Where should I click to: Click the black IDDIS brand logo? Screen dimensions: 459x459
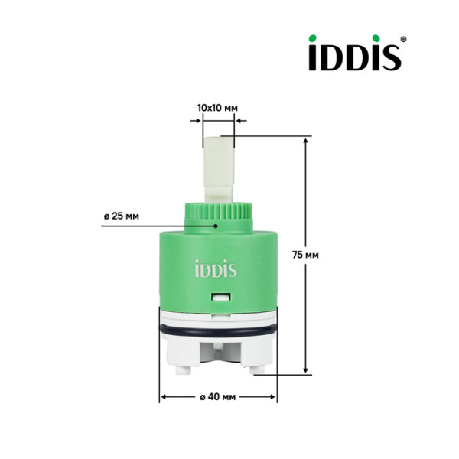coord(355,54)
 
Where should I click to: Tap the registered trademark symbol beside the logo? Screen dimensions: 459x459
coord(404,38)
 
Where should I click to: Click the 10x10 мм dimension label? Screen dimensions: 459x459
coord(216,108)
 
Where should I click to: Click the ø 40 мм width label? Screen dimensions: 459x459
coord(218,397)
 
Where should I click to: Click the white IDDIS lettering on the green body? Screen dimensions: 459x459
coord(215,270)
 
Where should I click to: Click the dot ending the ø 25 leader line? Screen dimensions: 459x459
coord(216,226)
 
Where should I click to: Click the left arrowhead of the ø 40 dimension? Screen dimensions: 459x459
coord(164,397)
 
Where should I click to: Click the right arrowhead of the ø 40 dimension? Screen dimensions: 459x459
coord(272,397)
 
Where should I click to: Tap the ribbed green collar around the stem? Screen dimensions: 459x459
coord(216,212)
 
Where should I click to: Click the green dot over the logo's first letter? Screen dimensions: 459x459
coord(315,38)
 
